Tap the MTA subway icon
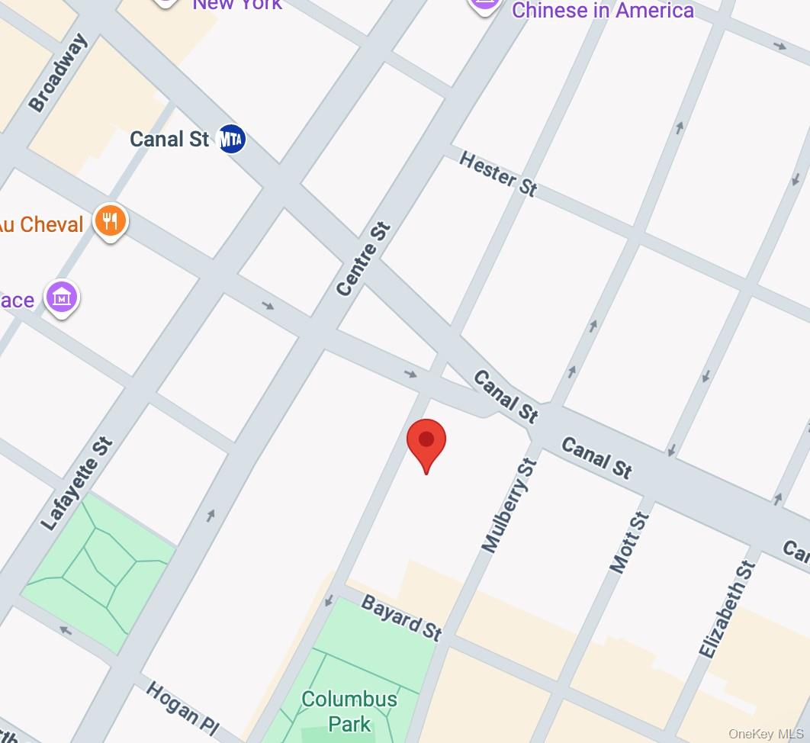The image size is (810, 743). point(232,139)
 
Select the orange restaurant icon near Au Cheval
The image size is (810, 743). point(111,222)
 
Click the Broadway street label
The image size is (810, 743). point(59,73)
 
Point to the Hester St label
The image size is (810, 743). point(498,174)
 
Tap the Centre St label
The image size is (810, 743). point(364,259)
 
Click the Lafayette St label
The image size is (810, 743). point(77,484)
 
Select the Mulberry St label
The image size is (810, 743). point(509,505)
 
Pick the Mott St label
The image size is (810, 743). point(630,542)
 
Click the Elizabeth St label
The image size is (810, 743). point(728,610)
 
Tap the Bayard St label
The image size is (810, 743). point(401,618)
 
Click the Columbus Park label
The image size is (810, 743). point(349,710)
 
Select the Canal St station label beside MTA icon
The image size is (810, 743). point(169,139)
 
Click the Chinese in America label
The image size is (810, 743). point(603,10)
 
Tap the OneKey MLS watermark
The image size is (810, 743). point(766,734)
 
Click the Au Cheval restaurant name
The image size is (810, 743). point(42,224)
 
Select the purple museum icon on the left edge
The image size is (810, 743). point(61,298)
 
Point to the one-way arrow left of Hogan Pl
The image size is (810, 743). point(66,631)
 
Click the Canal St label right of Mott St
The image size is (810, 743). point(596,458)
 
